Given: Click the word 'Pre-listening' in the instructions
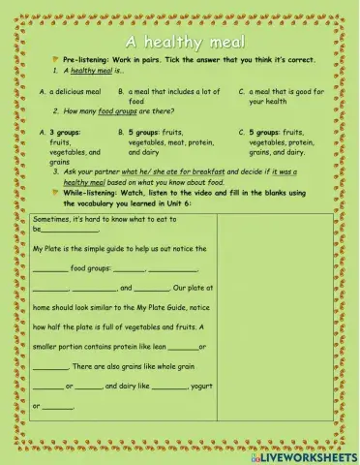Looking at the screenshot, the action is pos(81,60).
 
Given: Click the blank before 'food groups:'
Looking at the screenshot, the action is pos(49,270).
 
